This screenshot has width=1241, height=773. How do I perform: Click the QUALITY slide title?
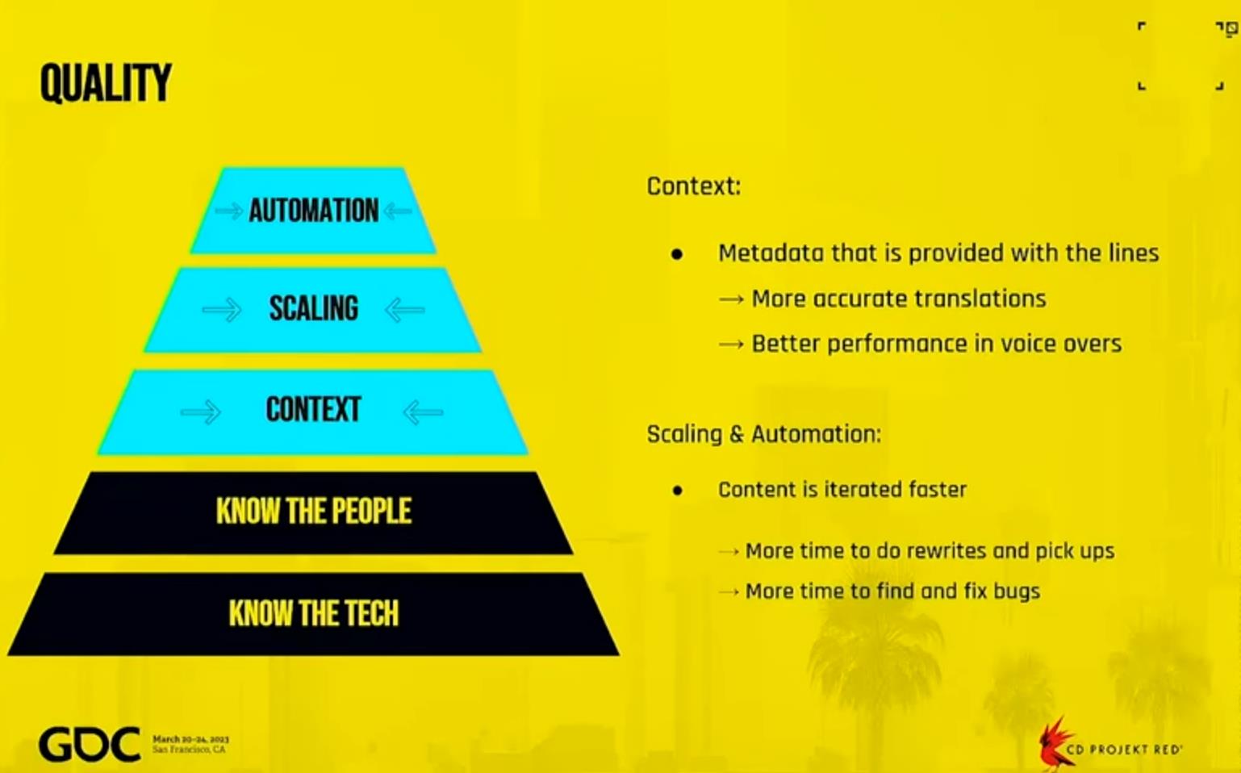click(x=105, y=82)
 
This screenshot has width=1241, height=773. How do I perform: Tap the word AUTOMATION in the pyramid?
click(x=314, y=211)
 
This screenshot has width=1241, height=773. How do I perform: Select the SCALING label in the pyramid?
click(x=314, y=309)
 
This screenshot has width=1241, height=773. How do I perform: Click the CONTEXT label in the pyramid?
click(x=314, y=410)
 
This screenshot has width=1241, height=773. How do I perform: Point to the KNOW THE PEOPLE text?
click(x=314, y=511)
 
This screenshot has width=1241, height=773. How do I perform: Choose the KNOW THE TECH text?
click(x=314, y=613)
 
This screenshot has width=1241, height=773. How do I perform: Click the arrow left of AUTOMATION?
click(x=229, y=211)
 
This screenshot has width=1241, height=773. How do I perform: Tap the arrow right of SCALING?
click(x=405, y=310)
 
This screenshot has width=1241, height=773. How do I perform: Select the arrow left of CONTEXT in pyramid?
click(x=201, y=412)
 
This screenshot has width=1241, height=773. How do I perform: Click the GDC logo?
click(x=90, y=744)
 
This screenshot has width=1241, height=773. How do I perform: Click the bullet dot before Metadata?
click(x=676, y=254)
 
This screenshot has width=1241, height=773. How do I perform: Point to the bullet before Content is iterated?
click(x=677, y=491)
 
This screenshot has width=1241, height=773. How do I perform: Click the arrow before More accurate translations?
click(x=731, y=300)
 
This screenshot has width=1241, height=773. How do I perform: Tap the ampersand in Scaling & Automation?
click(x=737, y=434)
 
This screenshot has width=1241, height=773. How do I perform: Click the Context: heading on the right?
click(x=694, y=186)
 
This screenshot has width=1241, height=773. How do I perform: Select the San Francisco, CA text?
click(x=189, y=750)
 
